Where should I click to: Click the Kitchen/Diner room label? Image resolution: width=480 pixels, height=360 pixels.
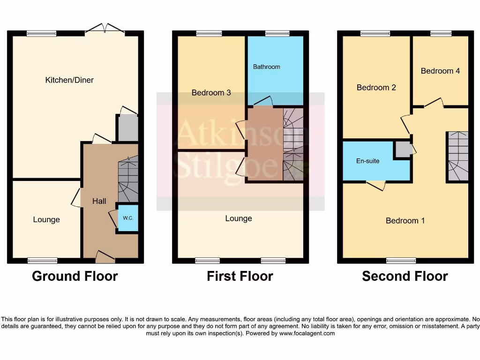coord(69,80)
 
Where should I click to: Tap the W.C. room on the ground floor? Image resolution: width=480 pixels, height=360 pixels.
coord(128,218)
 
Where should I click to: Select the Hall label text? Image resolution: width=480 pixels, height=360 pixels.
coord(99,201)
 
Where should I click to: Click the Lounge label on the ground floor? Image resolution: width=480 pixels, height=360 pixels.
coord(46,219)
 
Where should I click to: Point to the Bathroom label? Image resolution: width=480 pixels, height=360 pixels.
coord(266,67)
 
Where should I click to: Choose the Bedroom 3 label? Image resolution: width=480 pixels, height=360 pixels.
coord(211,93)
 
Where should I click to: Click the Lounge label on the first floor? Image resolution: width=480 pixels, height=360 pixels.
coord(239,218)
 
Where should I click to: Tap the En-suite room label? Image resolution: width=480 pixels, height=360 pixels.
coord(367,161)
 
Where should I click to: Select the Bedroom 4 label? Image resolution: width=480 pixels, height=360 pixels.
coord(440,71)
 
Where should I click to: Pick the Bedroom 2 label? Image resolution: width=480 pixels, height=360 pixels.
coord(376,88)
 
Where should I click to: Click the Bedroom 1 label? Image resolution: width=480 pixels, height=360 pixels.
coord(405,220)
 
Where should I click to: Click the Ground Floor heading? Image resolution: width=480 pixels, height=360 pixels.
coord(75,277)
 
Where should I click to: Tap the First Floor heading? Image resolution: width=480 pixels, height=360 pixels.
coord(240,277)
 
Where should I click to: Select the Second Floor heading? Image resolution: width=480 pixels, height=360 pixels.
coord(405,277)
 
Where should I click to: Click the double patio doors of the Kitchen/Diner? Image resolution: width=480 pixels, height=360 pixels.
coord(105,30)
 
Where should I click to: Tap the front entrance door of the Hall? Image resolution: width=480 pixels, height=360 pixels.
coord(105,255)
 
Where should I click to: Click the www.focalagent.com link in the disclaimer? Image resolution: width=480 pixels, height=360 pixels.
coord(307,333)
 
